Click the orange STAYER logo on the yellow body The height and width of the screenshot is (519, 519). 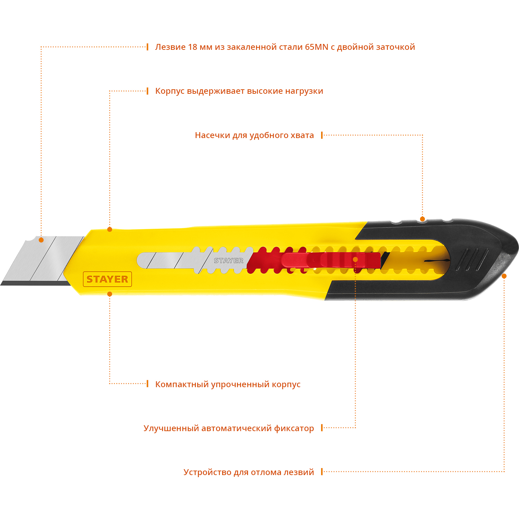pyautogui.click(x=107, y=279)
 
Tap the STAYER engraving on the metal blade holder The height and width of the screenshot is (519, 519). pyautogui.click(x=228, y=261)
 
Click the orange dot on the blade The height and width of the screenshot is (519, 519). pyautogui.click(x=41, y=240)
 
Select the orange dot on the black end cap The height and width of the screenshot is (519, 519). pyautogui.click(x=504, y=276)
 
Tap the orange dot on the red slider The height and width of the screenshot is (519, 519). pyautogui.click(x=355, y=259)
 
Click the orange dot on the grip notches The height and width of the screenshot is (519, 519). pyautogui.click(x=422, y=219)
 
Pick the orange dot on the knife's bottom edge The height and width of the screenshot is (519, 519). pyautogui.click(x=110, y=294)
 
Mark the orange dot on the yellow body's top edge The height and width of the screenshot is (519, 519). pyautogui.click(x=110, y=229)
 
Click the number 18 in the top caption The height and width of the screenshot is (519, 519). pyautogui.click(x=192, y=47)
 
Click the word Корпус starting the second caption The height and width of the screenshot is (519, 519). pyautogui.click(x=170, y=91)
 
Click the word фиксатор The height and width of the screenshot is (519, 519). pyautogui.click(x=294, y=428)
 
